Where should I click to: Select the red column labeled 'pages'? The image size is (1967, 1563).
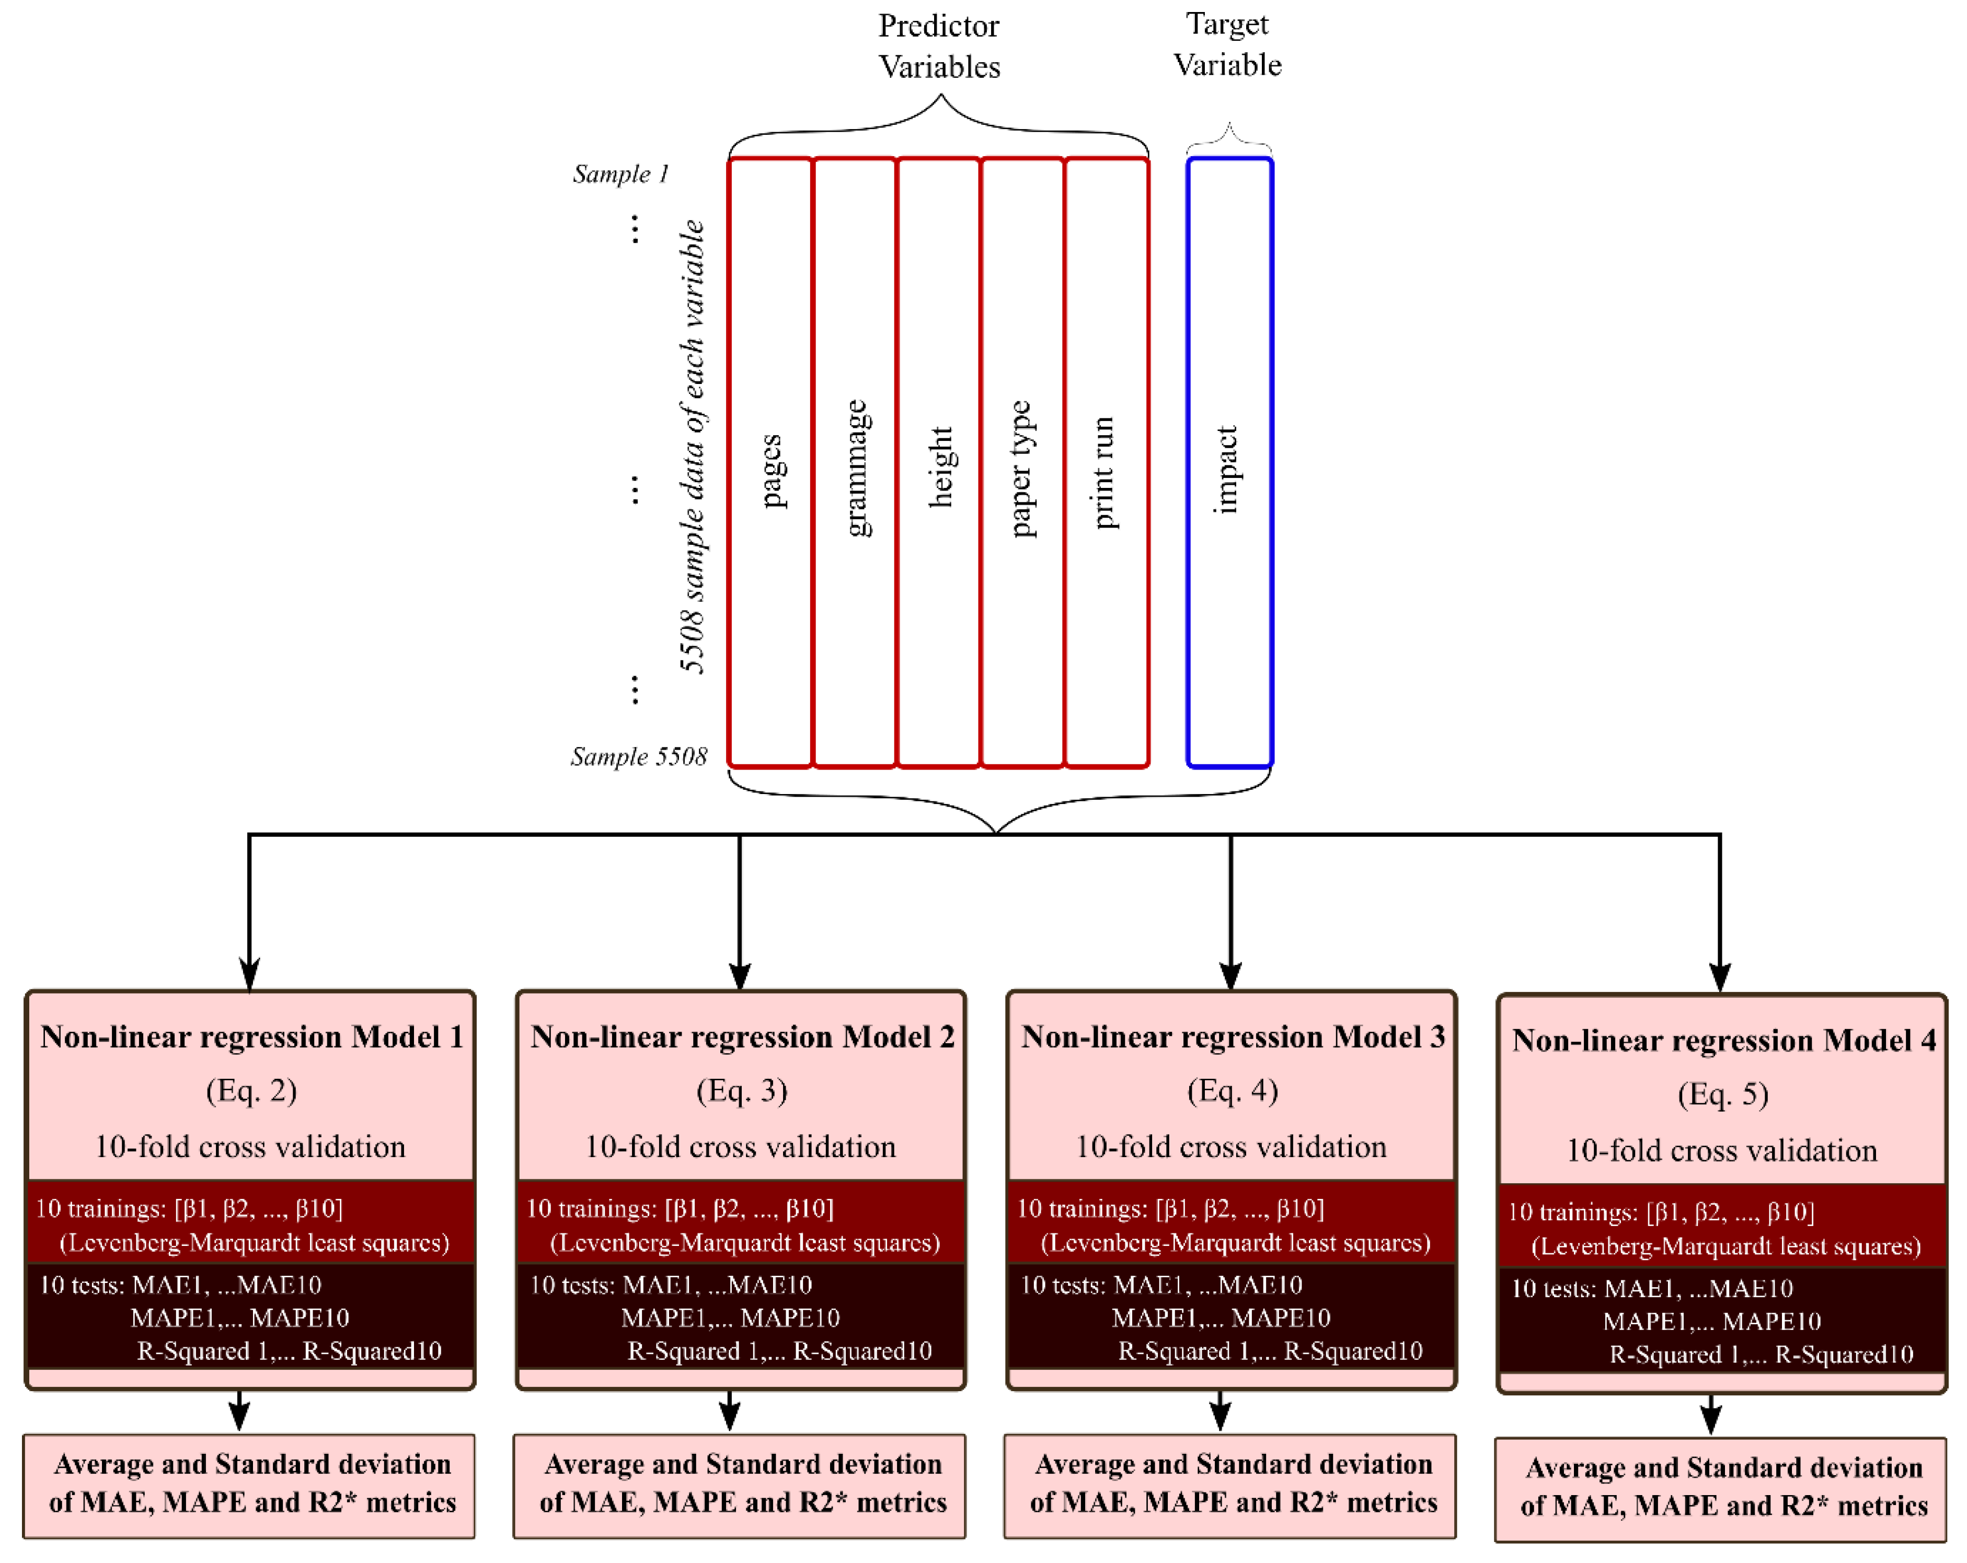pos(771,462)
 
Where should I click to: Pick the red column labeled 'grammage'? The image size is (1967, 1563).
pos(855,462)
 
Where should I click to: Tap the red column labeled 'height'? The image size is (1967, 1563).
pos(939,462)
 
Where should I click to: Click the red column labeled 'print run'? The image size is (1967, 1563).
pos(1106,462)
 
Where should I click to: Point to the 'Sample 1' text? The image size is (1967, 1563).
pos(620,173)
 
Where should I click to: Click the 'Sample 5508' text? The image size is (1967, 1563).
pos(639,756)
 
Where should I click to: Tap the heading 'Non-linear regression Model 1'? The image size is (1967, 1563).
pos(251,1037)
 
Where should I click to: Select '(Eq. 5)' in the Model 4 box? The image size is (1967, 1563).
pos(1722,1094)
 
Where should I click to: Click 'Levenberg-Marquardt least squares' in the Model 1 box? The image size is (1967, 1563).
pos(254,1243)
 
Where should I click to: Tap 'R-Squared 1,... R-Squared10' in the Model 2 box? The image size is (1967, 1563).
pos(779,1350)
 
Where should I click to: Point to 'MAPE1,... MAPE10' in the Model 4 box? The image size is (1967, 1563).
pos(1711,1321)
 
